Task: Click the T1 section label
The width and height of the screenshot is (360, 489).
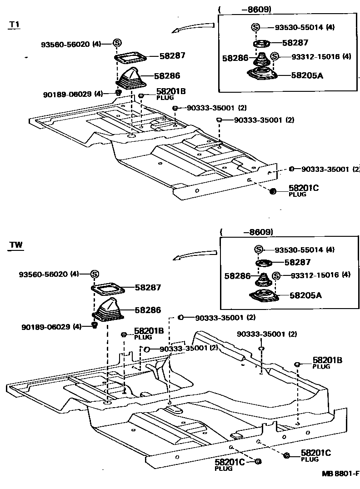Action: pyautogui.click(x=15, y=25)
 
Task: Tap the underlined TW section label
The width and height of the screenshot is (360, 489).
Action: pyautogui.click(x=16, y=245)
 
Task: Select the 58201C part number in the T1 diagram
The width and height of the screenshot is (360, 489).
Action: pyautogui.click(x=303, y=188)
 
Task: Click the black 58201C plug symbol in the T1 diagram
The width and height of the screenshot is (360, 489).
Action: pyautogui.click(x=273, y=191)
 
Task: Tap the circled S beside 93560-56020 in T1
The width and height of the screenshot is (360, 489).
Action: pyautogui.click(x=117, y=43)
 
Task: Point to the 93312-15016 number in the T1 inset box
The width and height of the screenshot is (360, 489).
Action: pyautogui.click(x=310, y=57)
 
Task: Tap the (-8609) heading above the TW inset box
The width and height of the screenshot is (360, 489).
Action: pyautogui.click(x=246, y=232)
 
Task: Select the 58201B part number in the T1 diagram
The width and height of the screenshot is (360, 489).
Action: pyautogui.click(x=171, y=91)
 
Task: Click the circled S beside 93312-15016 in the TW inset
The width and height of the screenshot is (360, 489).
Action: pyautogui.click(x=275, y=275)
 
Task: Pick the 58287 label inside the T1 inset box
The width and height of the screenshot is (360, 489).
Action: pyautogui.click(x=295, y=43)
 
